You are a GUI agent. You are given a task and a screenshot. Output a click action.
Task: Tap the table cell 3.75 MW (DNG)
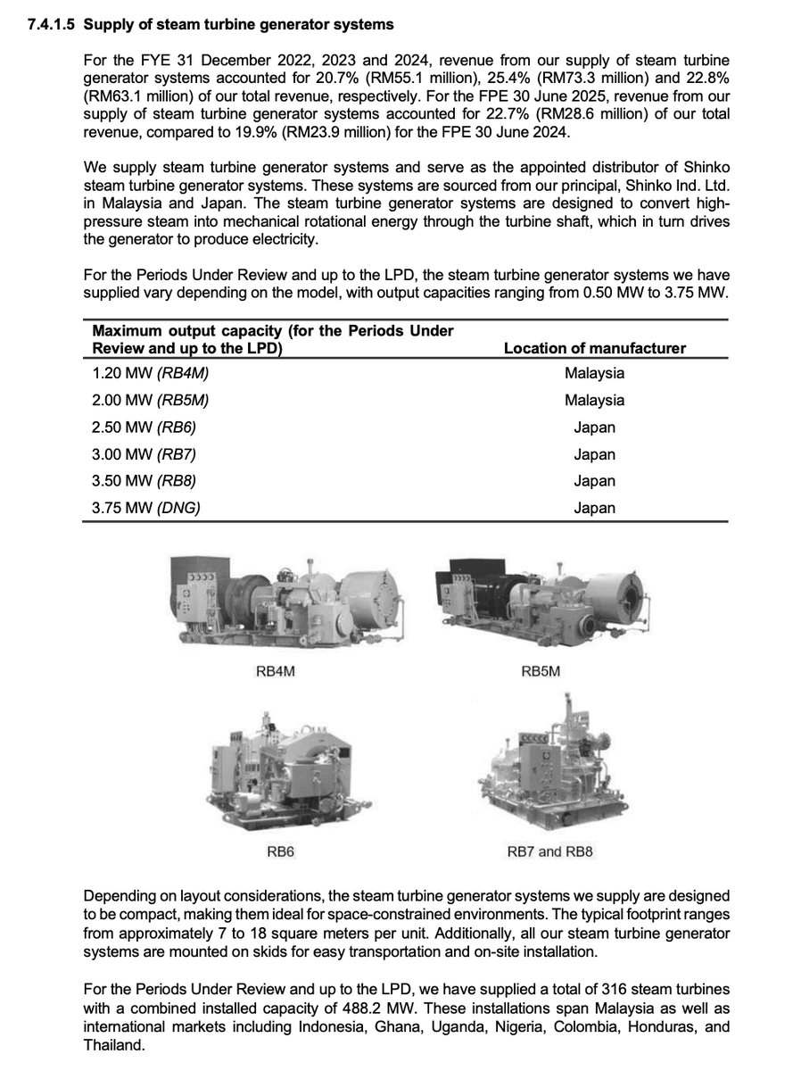click(x=147, y=508)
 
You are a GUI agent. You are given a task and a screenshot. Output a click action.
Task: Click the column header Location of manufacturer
click(x=594, y=348)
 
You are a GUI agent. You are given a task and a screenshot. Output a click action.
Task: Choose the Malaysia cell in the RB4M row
click(x=594, y=374)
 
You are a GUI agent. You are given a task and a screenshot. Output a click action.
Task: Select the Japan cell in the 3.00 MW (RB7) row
click(x=594, y=454)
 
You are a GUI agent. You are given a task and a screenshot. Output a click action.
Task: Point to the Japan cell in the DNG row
click(x=594, y=508)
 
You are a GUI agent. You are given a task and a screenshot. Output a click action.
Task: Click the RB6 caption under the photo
click(x=281, y=851)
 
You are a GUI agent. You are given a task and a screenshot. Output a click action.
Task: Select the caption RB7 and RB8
click(x=549, y=851)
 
